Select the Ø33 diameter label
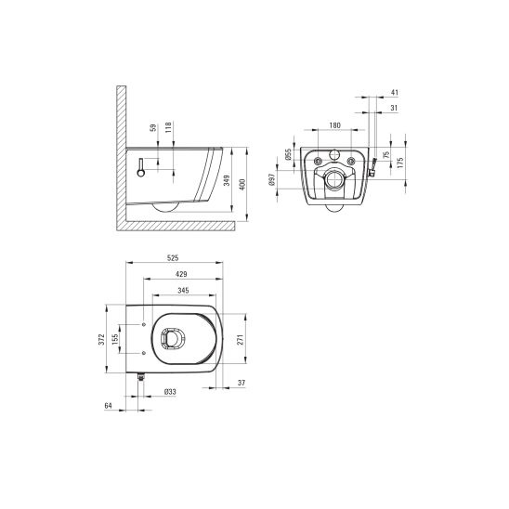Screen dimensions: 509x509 click(x=170, y=392)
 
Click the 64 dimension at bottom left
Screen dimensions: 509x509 click(x=110, y=405)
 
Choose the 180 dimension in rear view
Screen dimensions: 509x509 click(x=334, y=124)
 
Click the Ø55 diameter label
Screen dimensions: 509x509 click(x=289, y=154)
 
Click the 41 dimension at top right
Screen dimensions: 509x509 click(x=395, y=94)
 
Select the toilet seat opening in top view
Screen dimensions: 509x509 click(x=173, y=341)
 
